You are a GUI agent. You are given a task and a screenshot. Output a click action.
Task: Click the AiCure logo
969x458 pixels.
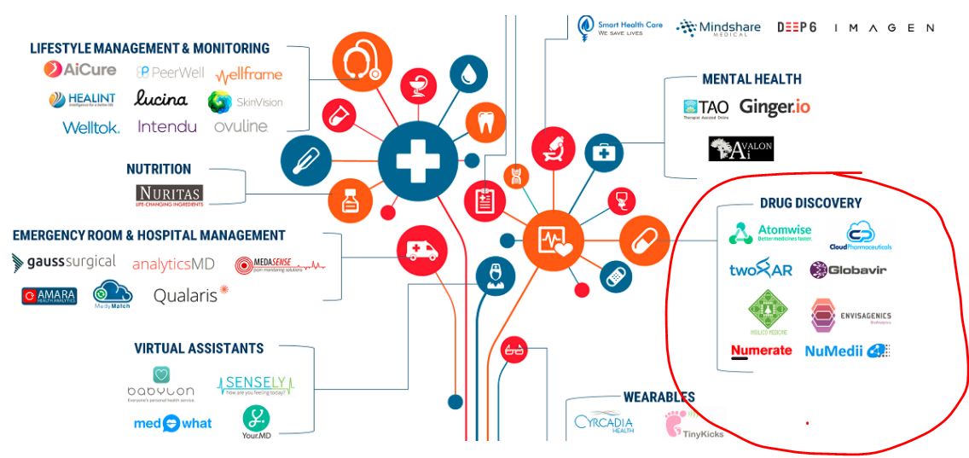[x=80, y=70]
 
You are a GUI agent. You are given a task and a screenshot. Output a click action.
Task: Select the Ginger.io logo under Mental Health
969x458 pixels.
[x=775, y=107]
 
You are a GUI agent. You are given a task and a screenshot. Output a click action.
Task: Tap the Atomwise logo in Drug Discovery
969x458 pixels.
[x=770, y=234]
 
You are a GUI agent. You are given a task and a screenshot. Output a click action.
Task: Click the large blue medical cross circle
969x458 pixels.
[x=418, y=160]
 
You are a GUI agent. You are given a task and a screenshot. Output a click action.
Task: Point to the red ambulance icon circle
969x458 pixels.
[x=422, y=250]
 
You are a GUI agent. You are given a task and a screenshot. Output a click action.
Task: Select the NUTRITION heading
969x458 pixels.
[x=159, y=169]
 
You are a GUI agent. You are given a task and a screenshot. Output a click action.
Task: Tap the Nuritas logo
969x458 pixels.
[x=169, y=194]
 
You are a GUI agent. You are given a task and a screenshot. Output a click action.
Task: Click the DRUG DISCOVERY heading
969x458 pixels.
[x=810, y=203]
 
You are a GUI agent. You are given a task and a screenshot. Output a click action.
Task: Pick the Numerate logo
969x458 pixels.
[x=761, y=351]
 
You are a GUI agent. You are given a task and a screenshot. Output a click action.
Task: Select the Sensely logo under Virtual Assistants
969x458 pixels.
[x=255, y=386]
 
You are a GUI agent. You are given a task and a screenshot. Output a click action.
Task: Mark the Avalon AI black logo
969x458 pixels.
[x=740, y=149]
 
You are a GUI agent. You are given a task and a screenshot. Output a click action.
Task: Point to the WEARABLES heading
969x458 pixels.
[x=659, y=397]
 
